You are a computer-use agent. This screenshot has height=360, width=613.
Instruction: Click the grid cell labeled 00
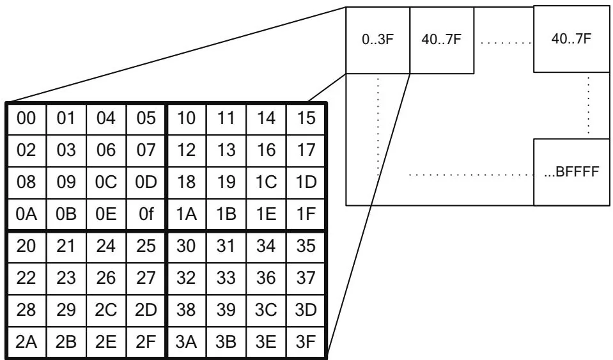[x=26, y=119]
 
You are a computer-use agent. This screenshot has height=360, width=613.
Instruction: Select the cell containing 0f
[x=146, y=214]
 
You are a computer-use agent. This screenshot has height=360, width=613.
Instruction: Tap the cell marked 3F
[x=307, y=341]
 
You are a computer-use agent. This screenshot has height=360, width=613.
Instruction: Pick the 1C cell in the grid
[x=267, y=182]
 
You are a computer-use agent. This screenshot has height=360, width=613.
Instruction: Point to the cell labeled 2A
[x=26, y=341]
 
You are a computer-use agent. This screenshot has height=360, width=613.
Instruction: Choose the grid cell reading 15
[x=307, y=119]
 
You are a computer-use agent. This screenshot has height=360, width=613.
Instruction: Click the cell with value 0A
[x=26, y=214]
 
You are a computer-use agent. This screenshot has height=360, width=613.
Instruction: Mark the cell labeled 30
[x=187, y=246]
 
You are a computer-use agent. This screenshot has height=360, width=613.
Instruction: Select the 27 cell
[x=146, y=278]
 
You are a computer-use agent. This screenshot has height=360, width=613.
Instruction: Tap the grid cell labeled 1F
[x=307, y=214]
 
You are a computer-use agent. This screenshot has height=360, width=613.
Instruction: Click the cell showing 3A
[x=187, y=341]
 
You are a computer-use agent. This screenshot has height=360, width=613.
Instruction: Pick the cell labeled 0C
[x=106, y=182]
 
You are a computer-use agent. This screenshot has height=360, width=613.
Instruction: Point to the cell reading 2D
[x=146, y=309]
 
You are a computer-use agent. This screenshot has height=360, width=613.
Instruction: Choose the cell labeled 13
[x=226, y=151]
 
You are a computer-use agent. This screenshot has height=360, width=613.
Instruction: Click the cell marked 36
[x=267, y=278]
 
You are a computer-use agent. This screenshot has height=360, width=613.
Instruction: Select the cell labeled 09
[x=66, y=182]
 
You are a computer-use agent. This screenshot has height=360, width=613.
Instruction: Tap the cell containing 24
[x=106, y=246]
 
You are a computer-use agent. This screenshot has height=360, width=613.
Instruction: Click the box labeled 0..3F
[x=377, y=40]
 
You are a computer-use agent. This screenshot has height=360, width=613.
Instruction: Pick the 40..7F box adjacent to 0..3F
[x=440, y=40]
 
